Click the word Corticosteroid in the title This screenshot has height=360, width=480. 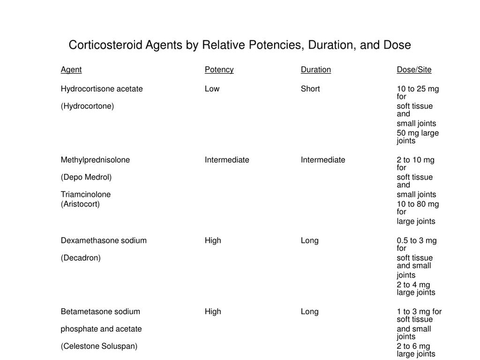99,45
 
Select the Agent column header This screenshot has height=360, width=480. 71,70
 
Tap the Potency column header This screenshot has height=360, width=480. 219,70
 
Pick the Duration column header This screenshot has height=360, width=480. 316,70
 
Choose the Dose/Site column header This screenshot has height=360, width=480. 414,70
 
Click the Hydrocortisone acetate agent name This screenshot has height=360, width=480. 101,89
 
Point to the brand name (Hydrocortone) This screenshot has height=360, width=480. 87,106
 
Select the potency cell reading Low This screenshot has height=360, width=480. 212,89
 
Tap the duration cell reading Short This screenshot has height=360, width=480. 310,89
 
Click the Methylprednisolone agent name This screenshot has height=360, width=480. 95,160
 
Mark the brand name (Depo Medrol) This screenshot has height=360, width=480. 86,177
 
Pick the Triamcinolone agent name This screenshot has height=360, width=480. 85,195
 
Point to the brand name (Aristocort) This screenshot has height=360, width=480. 80,204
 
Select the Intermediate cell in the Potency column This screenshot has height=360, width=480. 227,160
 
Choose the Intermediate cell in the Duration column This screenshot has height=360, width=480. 323,160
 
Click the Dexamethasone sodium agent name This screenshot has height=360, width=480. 103,241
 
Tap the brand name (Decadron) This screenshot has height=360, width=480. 81,258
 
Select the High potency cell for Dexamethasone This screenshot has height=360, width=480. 212,241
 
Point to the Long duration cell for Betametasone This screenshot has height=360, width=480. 309,311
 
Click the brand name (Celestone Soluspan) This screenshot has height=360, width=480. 99,346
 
